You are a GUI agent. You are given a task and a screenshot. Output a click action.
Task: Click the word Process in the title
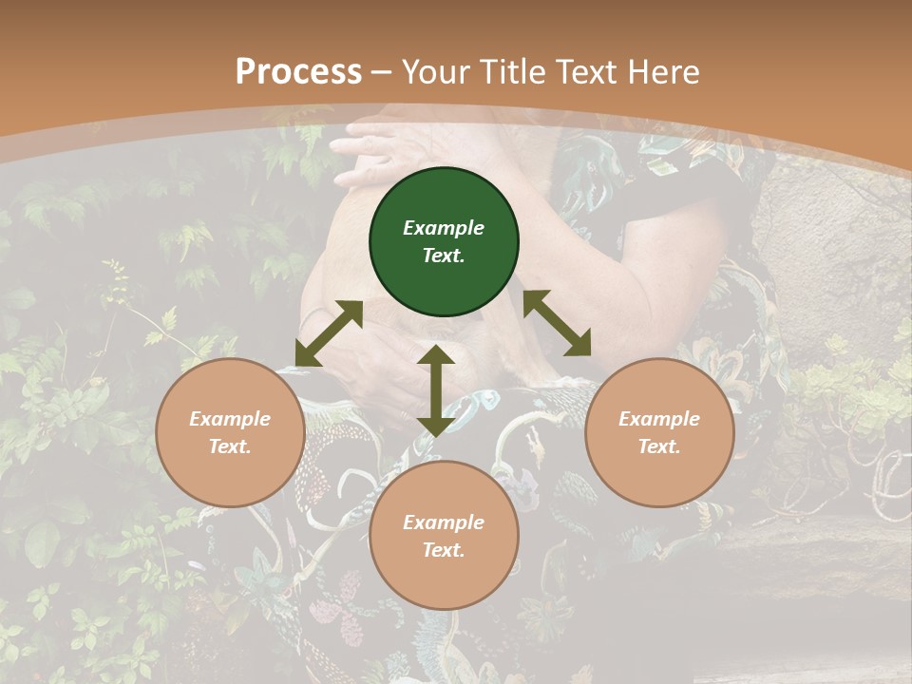[298, 72]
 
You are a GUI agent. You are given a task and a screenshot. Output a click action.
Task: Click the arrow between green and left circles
[329, 333]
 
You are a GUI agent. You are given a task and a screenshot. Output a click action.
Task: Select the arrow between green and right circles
[557, 323]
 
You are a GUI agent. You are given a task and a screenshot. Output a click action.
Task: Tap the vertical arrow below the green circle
[436, 390]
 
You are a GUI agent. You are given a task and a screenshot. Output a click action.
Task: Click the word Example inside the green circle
[444, 228]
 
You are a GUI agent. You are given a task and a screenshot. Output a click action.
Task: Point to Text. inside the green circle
[444, 256]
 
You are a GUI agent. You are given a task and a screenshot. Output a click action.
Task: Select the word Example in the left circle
[230, 419]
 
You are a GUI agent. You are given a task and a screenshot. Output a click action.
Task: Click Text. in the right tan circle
[659, 446]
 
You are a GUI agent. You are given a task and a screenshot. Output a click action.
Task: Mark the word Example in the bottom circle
[444, 522]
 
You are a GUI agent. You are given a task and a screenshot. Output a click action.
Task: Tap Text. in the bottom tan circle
[444, 550]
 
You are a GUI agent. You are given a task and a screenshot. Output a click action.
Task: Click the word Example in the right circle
[659, 419]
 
